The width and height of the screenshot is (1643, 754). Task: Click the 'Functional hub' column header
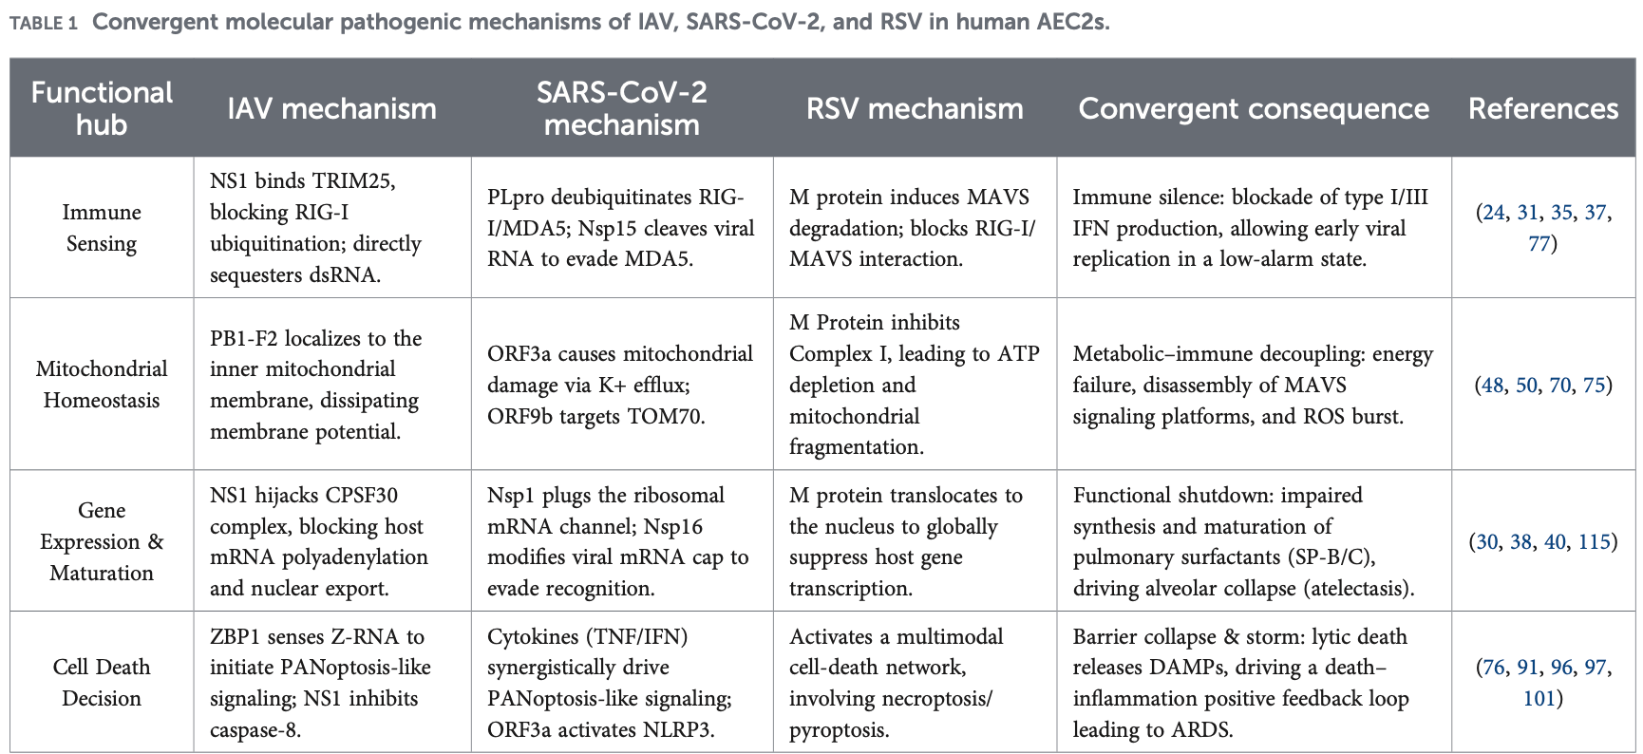(102, 108)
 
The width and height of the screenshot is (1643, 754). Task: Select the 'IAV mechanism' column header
(331, 108)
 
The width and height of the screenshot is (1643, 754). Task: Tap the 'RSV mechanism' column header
(915, 108)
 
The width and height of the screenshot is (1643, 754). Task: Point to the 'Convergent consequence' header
(1254, 108)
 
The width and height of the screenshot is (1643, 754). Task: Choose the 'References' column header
(1543, 108)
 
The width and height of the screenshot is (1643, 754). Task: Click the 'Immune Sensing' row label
(102, 228)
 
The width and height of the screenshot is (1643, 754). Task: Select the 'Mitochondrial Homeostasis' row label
(102, 385)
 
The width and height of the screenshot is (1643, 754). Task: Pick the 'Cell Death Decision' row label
(102, 683)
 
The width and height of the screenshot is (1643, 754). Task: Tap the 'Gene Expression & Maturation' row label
(102, 541)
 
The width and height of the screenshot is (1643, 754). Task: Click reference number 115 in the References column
(1595, 541)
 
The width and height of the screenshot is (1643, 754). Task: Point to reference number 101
(1539, 699)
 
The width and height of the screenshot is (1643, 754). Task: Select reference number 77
(1539, 244)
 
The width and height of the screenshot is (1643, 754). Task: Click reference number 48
(1493, 385)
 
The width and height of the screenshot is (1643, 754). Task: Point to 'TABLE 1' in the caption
(44, 23)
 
